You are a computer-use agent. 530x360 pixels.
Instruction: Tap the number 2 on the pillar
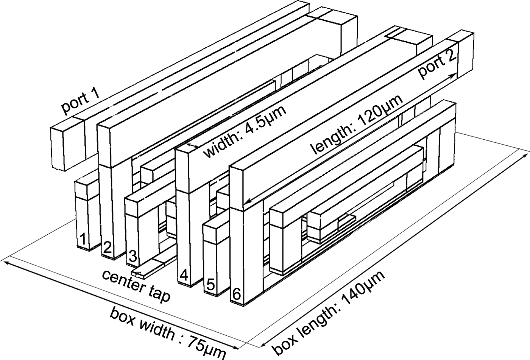pyautogui.click(x=108, y=248)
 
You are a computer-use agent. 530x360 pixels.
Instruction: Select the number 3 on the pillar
pyautogui.click(x=132, y=256)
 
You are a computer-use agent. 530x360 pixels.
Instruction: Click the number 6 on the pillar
pyautogui.click(x=236, y=294)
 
